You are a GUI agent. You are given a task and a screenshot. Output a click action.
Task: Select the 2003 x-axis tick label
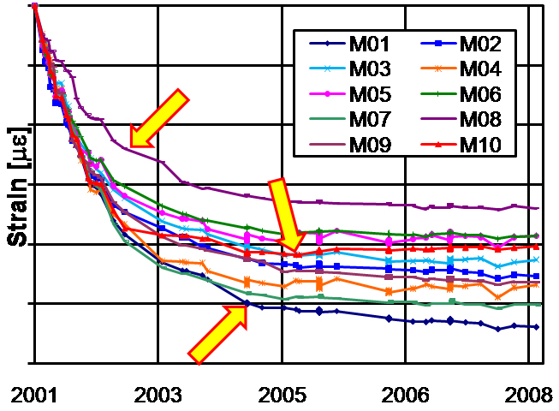coord(158,395)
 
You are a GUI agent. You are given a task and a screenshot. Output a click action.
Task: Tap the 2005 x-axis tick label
coord(282,395)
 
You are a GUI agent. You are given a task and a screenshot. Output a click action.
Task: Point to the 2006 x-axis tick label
coord(405,395)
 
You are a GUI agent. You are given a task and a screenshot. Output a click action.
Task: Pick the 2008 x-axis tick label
coord(526,395)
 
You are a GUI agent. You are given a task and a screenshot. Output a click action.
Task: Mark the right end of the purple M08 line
coord(538,207)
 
